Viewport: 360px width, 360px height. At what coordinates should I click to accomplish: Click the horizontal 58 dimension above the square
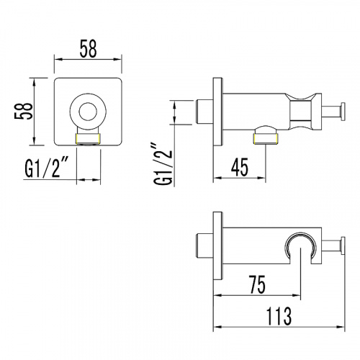[89, 49]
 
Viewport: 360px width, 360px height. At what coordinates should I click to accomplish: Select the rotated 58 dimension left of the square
[23, 112]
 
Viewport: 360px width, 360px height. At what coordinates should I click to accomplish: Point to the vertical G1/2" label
[164, 164]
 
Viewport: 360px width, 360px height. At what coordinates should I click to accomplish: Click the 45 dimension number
[240, 167]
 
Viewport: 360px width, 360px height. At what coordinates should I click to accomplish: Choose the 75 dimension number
[258, 285]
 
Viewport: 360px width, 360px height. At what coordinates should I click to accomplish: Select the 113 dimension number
[279, 316]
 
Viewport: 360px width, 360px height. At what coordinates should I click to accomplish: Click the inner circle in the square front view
[88, 112]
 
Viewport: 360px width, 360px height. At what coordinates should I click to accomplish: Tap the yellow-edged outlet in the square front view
[88, 139]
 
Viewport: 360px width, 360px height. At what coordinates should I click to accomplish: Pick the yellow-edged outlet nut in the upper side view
[266, 139]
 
